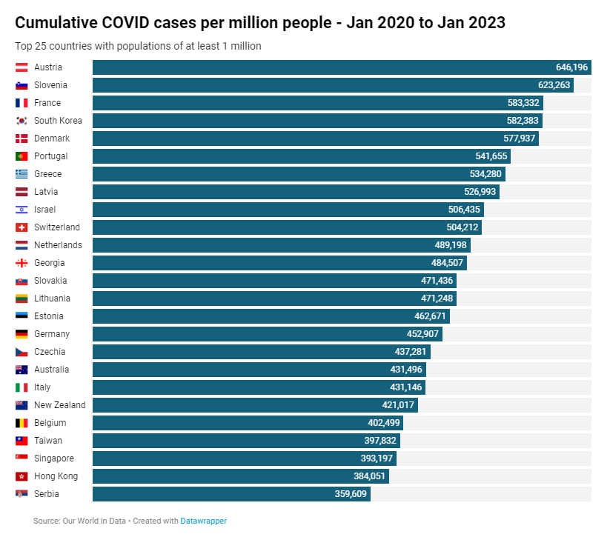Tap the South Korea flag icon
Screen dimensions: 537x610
point(21,121)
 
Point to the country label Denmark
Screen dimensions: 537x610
point(52,139)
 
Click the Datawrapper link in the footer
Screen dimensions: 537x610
point(204,521)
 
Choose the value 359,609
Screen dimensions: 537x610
point(351,494)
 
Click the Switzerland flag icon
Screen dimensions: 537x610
point(21,227)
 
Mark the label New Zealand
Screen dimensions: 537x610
point(60,405)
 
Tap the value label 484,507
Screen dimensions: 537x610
point(446,263)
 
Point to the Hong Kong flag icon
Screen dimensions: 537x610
point(21,476)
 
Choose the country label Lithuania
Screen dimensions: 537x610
point(53,298)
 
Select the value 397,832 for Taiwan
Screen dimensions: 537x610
point(379,441)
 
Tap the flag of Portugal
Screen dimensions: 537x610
point(21,156)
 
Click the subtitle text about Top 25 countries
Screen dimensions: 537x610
point(138,46)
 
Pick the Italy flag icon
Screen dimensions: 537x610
point(21,387)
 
